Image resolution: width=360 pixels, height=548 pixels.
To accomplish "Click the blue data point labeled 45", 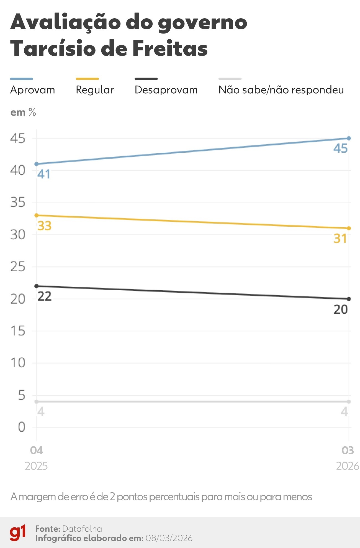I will pos(349,138).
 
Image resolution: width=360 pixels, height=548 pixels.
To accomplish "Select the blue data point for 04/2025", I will pos(37,164).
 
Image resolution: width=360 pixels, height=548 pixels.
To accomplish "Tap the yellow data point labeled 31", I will pos(349,228).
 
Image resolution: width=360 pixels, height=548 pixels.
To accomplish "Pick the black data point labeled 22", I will pos(37,286).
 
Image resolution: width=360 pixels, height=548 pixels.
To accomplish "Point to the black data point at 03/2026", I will pos(349,299).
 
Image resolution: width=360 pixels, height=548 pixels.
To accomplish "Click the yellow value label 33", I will pos(44,226).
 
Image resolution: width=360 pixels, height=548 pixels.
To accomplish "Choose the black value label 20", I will pos(340,309).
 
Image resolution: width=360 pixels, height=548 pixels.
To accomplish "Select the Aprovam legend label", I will pos(32,90).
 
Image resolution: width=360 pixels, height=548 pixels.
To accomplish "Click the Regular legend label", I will pos(95,90).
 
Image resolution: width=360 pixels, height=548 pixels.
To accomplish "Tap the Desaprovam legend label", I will pos(166,90).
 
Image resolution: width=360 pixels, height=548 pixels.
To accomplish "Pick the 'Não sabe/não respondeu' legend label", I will pos(281,90).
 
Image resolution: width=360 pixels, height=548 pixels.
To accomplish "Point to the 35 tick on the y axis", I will pos(18,203).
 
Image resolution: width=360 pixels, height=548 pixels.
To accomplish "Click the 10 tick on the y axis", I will pos(18,363).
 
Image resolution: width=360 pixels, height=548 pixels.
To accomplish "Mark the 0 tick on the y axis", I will pos(21,427).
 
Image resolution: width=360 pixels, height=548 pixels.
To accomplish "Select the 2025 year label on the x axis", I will pos(36,466).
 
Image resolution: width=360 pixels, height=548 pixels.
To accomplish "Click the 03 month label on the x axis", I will pos(348,450).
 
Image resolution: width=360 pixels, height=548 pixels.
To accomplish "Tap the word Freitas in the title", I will pos(170,48).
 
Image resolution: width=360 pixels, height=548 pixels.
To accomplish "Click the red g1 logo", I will pos(18,532).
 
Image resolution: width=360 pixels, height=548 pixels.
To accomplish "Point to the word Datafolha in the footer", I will pos(82,529).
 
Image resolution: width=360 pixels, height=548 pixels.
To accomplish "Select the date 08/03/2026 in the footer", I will pos(169,538).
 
